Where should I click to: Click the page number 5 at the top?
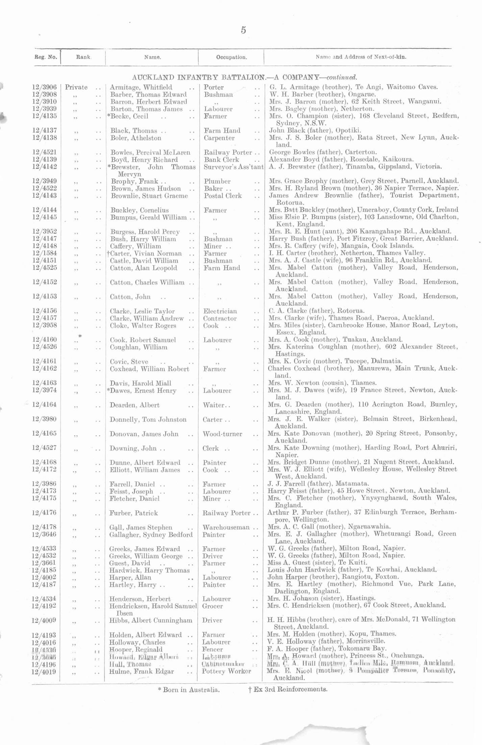[x=243, y=30]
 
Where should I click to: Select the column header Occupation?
[x=231, y=57]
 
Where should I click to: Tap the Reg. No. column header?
[x=46, y=57]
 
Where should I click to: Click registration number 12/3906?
[x=44, y=87]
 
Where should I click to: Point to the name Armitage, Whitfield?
[x=141, y=87]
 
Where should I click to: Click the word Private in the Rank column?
[x=76, y=87]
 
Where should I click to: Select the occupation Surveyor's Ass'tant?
[x=233, y=167]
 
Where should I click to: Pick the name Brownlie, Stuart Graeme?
[x=149, y=196]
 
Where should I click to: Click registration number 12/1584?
[x=44, y=253]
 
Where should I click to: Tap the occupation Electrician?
[x=220, y=311]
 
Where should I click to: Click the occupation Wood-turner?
[x=223, y=434]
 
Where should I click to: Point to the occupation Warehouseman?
[x=226, y=527]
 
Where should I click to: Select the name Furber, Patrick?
[x=133, y=513]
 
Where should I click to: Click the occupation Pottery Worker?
[x=226, y=671]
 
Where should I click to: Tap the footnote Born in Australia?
[x=189, y=690]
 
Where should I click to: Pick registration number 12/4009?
[x=44, y=620]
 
